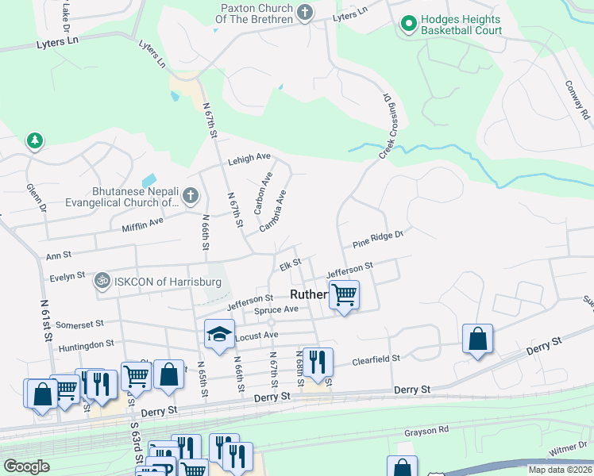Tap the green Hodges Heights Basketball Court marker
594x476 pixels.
(409, 24)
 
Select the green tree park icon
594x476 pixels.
(33, 140)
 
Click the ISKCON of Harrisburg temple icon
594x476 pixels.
(102, 280)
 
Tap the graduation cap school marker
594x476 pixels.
(220, 336)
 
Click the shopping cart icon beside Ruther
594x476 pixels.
(344, 295)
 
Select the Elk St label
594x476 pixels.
(290, 263)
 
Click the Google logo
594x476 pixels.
(26, 466)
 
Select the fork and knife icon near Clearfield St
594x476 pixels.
(318, 362)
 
